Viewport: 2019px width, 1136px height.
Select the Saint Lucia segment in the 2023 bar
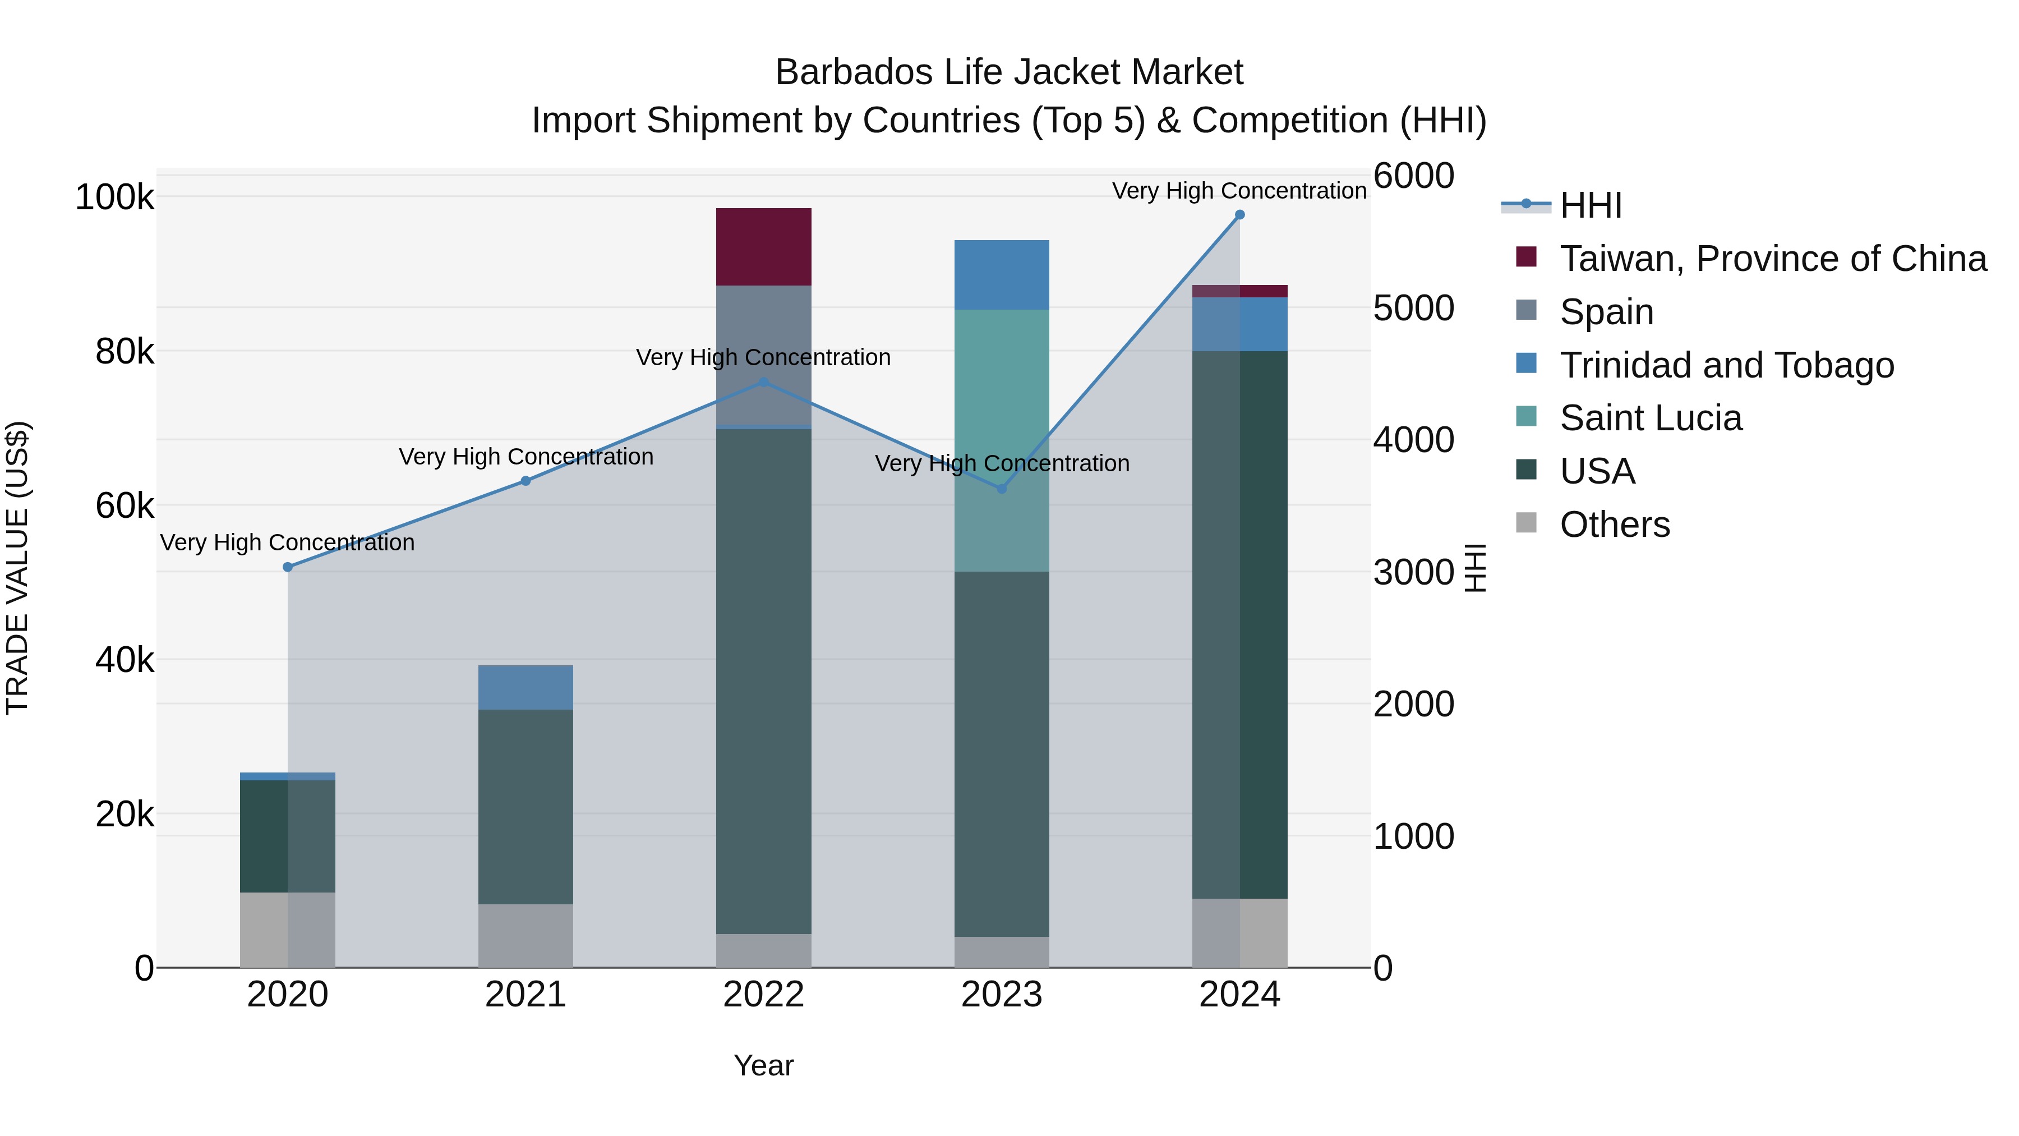(1002, 440)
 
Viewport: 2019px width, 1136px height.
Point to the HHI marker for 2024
(1239, 215)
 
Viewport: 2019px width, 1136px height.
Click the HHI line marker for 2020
(288, 567)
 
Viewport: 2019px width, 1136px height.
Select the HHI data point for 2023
(1002, 489)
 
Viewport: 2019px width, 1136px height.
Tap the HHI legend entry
(1591, 205)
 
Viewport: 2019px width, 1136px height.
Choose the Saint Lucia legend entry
(1650, 418)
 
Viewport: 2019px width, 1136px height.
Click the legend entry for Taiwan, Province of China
(1772, 259)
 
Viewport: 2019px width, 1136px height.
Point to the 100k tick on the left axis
(114, 197)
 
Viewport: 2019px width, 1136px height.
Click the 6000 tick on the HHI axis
(1413, 176)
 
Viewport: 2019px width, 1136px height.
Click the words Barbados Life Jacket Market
(1009, 72)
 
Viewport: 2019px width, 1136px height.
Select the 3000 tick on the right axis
(1413, 572)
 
